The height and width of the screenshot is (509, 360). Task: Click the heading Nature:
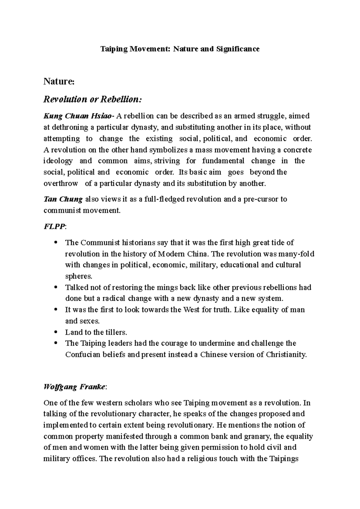pyautogui.click(x=58, y=82)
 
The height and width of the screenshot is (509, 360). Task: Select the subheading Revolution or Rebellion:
pyautogui.click(x=92, y=99)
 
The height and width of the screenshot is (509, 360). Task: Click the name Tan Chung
pyautogui.click(x=63, y=199)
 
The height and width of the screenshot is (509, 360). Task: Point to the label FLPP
pyautogui.click(x=54, y=227)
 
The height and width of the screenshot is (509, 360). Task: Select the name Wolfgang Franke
pyautogui.click(x=74, y=387)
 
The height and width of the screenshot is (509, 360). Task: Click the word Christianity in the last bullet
pyautogui.click(x=286, y=354)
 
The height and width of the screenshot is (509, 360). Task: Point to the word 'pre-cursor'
pyautogui.click(x=261, y=199)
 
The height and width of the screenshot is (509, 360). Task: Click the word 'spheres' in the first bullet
pyautogui.click(x=79, y=276)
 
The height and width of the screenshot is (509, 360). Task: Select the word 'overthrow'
pyautogui.click(x=61, y=183)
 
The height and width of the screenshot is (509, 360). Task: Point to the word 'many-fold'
pyautogui.click(x=296, y=254)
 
